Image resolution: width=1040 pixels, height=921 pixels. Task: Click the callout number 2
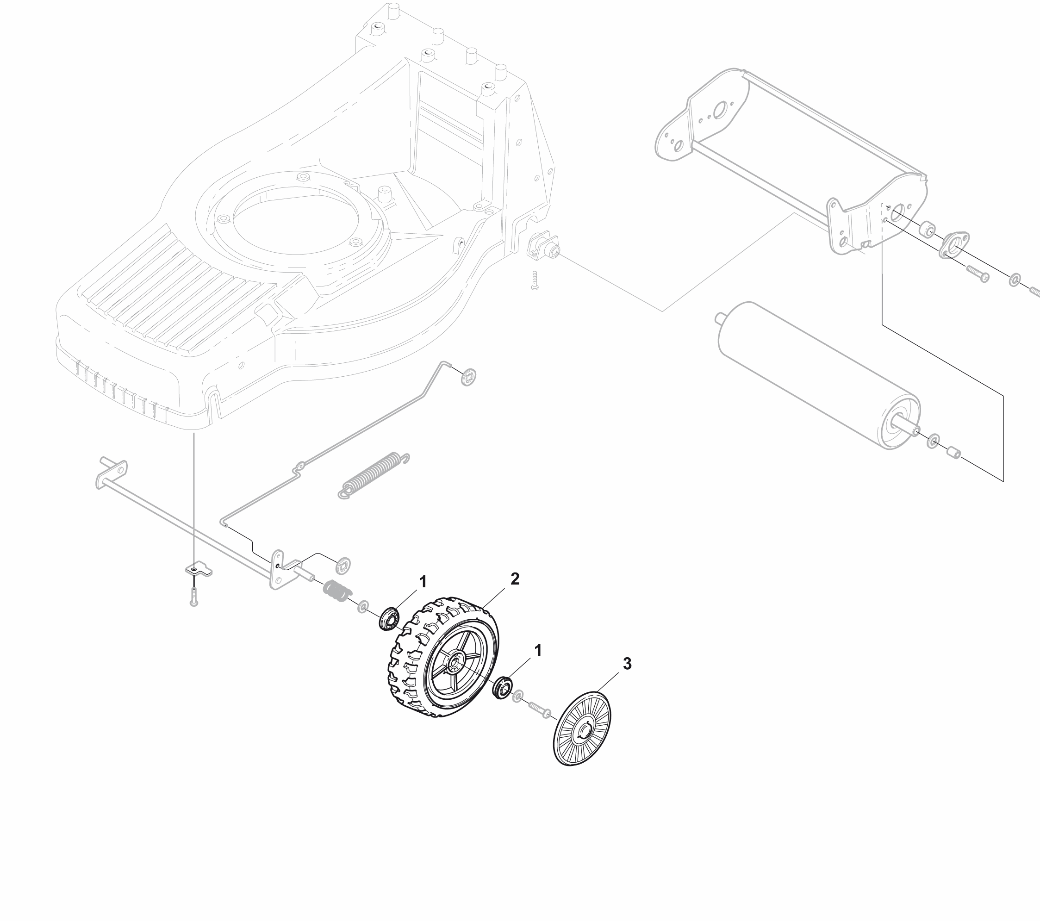pos(515,579)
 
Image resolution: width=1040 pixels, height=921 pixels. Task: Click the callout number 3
pos(627,664)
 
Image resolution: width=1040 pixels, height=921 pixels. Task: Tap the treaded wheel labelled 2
pos(441,657)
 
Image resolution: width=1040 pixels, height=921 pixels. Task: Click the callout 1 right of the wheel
pos(538,650)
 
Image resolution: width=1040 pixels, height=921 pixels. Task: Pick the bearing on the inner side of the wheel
pos(389,619)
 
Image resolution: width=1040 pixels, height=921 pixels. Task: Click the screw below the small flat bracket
pos(193,597)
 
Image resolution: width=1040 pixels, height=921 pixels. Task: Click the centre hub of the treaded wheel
pos(453,664)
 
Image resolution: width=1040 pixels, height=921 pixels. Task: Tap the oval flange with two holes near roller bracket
pos(953,245)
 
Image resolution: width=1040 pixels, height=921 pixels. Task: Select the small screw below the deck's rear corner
pos(534,280)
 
